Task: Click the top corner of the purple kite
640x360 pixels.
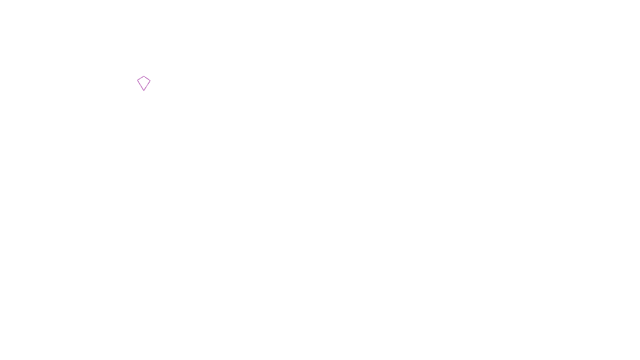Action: pyautogui.click(x=144, y=76)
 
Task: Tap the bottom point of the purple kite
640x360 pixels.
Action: pyautogui.click(x=144, y=90)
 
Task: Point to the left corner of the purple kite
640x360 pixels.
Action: pyautogui.click(x=138, y=81)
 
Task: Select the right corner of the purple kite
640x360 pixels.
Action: pyautogui.click(x=150, y=81)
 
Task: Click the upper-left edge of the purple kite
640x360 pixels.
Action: pyautogui.click(x=140, y=78)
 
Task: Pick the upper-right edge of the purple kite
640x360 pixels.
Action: pyautogui.click(x=147, y=78)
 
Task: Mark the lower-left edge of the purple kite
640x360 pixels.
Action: pyautogui.click(x=140, y=86)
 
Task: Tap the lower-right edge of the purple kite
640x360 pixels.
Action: pyautogui.click(x=147, y=86)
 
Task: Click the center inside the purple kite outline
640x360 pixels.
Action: pyautogui.click(x=144, y=82)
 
